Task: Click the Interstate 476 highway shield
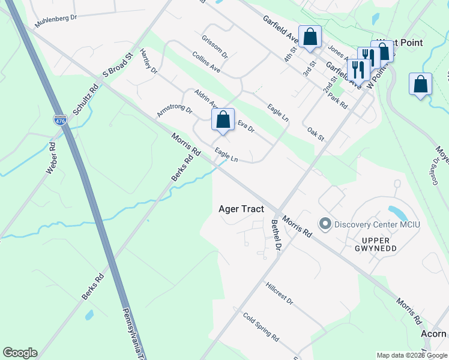[60, 120]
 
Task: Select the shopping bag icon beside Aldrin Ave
[223, 119]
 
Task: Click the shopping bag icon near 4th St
[310, 37]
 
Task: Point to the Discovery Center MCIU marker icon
[326, 224]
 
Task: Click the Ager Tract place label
[241, 209]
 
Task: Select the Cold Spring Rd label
[261, 326]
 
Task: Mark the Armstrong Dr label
[174, 111]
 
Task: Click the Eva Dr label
[246, 127]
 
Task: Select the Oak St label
[316, 134]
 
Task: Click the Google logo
[20, 353]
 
